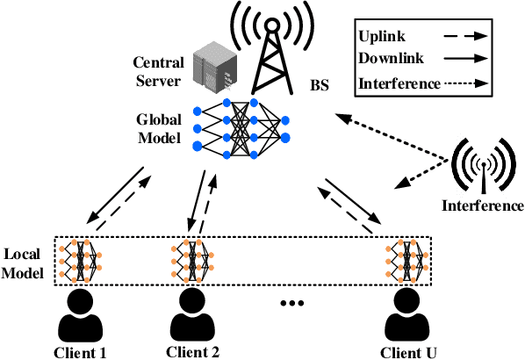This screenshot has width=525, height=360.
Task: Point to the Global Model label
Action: (158, 128)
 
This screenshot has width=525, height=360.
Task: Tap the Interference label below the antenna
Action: (483, 206)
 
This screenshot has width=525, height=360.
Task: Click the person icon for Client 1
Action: (78, 313)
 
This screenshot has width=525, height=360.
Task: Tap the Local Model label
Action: (25, 261)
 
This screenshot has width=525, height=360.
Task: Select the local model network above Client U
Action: (407, 260)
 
